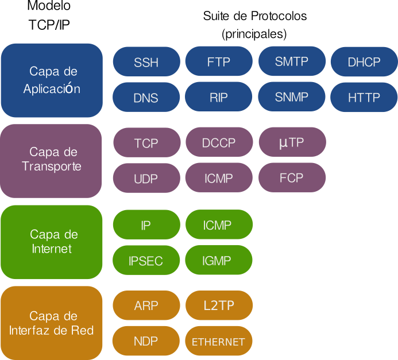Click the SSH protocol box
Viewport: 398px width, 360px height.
(x=146, y=62)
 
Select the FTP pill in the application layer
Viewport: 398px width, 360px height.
(x=218, y=61)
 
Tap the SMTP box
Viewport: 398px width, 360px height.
(x=292, y=61)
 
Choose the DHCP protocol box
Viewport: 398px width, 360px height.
(x=364, y=62)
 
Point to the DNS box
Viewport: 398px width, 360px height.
(x=146, y=98)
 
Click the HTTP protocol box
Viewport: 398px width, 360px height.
(x=364, y=98)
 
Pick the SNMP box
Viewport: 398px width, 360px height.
(x=292, y=96)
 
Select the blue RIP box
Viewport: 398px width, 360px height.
(x=218, y=97)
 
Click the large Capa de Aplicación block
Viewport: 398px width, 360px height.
(x=52, y=80)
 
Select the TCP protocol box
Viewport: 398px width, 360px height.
(x=146, y=143)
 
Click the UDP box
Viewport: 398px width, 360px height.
(x=146, y=179)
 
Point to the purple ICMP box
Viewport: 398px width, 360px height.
(x=218, y=179)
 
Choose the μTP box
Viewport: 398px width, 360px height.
(x=292, y=142)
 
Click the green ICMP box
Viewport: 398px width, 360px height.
(x=218, y=224)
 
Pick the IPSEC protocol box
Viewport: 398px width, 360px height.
(x=146, y=260)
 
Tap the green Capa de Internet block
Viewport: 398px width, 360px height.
(x=52, y=242)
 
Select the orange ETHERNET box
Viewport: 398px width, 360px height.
(x=218, y=342)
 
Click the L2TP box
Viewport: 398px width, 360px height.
(x=218, y=305)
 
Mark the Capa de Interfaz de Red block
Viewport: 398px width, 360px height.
(x=52, y=323)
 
